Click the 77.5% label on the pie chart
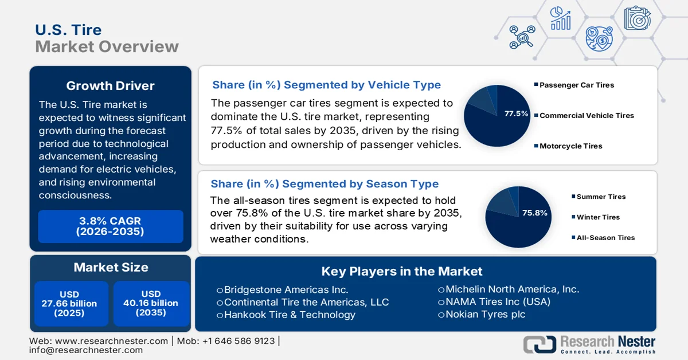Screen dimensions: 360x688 [516, 114]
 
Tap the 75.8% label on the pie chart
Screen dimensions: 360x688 [534, 213]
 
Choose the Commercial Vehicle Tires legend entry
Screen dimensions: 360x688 [587, 115]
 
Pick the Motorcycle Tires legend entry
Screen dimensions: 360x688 [570, 146]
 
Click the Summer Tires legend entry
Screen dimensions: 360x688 [601, 197]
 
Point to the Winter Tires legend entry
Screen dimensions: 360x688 [598, 217]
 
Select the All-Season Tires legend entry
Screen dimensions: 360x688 [605, 237]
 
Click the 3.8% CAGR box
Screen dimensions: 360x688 [111, 226]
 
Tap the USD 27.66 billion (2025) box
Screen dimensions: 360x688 [69, 304]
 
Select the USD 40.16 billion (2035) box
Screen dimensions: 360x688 [151, 304]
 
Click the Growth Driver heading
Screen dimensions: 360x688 [111, 86]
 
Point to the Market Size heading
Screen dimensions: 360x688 [111, 267]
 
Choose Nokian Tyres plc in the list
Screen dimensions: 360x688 [485, 314]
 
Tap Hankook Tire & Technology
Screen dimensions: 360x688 [290, 315]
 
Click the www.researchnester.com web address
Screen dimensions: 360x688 [111, 341]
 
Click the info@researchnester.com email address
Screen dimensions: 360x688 [86, 350]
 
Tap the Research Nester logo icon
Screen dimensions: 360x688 [540, 344]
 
